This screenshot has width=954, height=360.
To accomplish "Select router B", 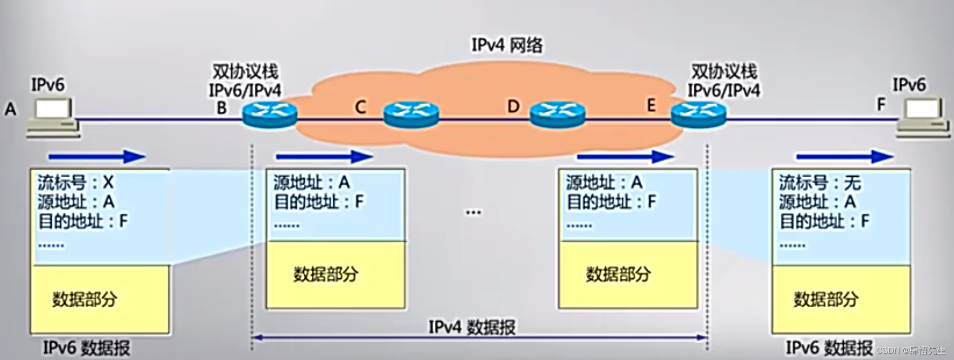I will coord(269,115).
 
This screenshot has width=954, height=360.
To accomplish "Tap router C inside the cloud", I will coord(410,115).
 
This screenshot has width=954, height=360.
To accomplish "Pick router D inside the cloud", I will coord(557,115).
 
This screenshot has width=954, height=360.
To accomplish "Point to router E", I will coord(698,115).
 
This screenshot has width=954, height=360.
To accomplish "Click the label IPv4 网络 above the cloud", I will coord(506,45).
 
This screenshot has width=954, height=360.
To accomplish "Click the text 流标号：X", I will coord(75,182).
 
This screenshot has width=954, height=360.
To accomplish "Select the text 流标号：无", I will coord(819,182).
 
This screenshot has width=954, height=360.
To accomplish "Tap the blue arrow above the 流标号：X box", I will coord(97,157).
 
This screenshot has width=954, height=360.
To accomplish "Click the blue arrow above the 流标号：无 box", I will coord(844,157).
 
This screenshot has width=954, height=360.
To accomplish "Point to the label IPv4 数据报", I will coord(471,327).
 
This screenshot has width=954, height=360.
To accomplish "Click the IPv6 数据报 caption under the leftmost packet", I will coord(86,348).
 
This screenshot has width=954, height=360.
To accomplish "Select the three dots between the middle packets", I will coord(473,212).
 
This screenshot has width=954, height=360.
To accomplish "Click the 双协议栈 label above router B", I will coord(245,72).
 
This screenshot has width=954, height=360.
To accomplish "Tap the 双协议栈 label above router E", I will coord(724,72).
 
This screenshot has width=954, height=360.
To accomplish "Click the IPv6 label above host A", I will coord(48,85).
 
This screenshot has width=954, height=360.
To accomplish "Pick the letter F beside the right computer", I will coord(881,105).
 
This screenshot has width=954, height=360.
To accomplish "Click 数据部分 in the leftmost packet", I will coord(85,299).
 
